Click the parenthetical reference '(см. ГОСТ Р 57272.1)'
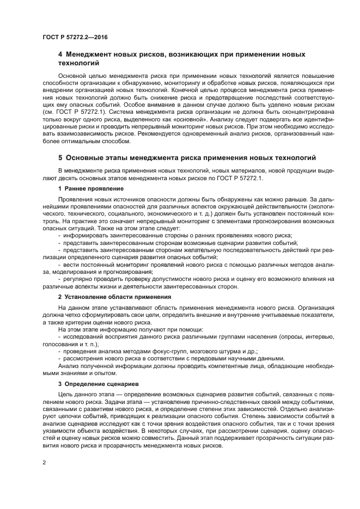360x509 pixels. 76,111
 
